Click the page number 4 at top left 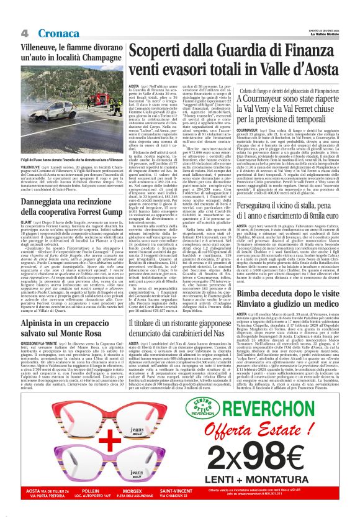(24, 32)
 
